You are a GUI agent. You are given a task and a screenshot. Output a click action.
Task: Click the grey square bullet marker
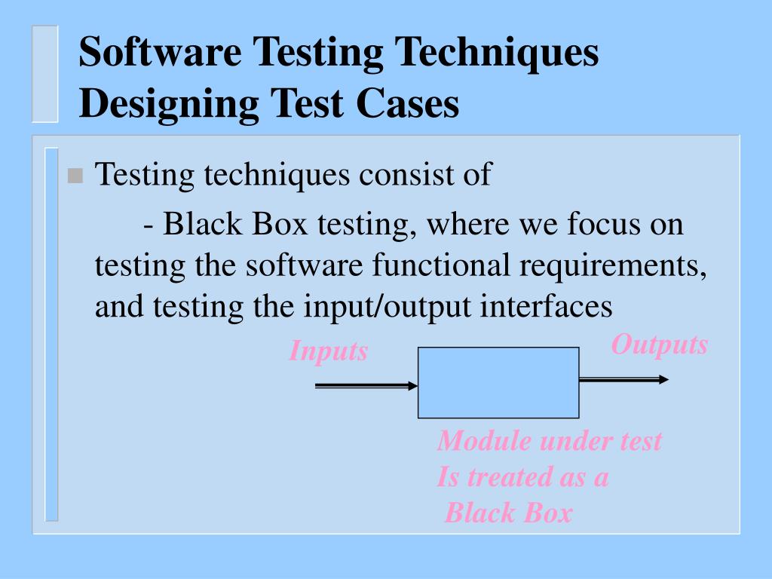[x=74, y=176]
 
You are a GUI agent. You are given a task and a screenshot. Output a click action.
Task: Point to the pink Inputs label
[x=328, y=351]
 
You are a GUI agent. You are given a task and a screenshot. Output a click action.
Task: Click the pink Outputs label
[x=659, y=345]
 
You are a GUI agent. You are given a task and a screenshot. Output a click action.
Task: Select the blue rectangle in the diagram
[x=498, y=382]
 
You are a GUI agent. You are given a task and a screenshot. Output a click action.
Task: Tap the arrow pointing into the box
[x=366, y=386]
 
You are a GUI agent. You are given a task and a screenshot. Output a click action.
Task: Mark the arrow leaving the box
[x=623, y=379]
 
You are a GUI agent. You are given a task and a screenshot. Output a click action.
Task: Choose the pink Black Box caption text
[x=508, y=513]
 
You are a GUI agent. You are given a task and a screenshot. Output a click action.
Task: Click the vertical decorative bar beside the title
[x=44, y=73]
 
